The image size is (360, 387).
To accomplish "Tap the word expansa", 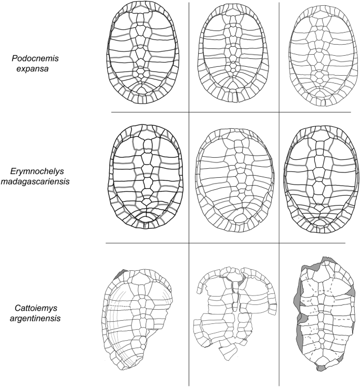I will click(32, 67).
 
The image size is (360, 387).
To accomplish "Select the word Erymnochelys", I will click(36, 171).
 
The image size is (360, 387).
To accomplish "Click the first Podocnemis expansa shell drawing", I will click(141, 53).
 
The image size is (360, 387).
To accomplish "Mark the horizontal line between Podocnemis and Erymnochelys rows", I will click(231, 112).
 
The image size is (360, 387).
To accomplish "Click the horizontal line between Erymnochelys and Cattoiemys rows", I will click(231, 243).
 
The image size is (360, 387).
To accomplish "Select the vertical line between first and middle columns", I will click(189, 210).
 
